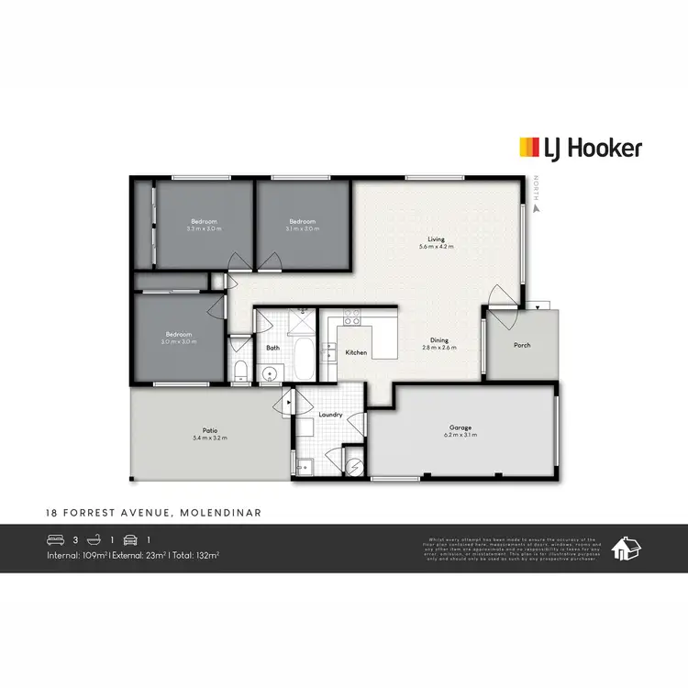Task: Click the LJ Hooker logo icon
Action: [x=530, y=148]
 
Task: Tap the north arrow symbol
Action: [x=537, y=207]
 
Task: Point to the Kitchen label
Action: [x=356, y=352]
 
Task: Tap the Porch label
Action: [x=522, y=345]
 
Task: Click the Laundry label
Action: [x=330, y=415]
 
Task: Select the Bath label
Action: [x=272, y=349]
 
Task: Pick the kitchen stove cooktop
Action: [x=350, y=318]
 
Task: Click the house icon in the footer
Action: [x=627, y=549]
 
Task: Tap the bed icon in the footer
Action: [x=54, y=540]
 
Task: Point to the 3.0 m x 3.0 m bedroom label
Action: [x=179, y=338]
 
